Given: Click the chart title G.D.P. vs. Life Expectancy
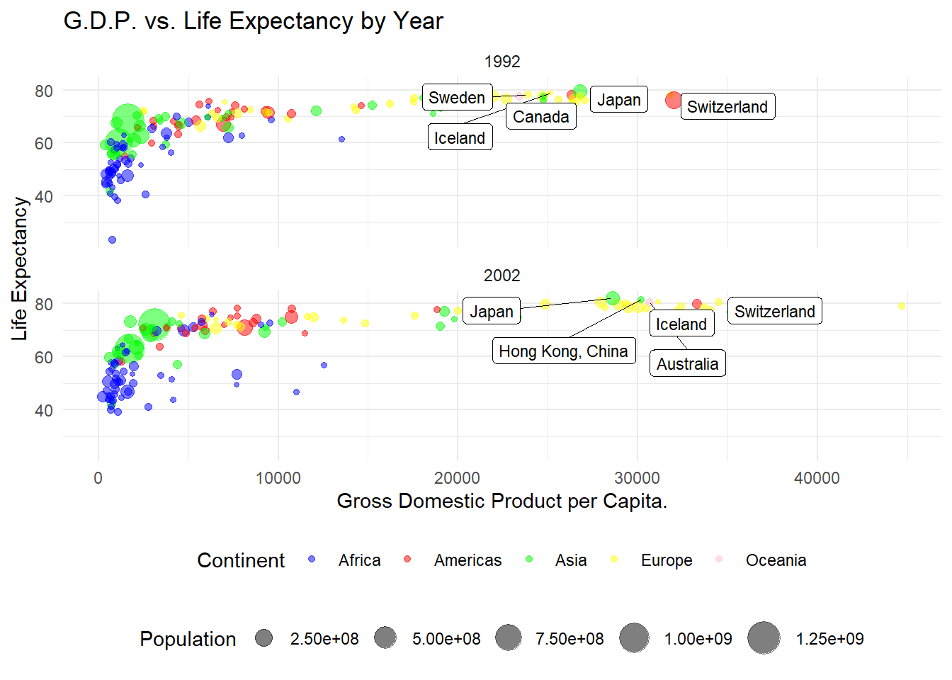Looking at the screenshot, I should click(x=253, y=21).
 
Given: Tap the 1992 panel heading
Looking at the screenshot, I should click(x=502, y=62).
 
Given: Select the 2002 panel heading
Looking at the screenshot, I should click(x=502, y=276).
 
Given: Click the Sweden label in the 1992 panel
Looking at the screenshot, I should click(x=457, y=98).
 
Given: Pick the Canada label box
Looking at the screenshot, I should click(x=540, y=117).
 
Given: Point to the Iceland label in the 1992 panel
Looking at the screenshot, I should click(x=460, y=138).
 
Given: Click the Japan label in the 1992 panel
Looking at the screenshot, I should click(x=618, y=100).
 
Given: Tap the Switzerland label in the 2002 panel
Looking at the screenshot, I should click(x=774, y=312).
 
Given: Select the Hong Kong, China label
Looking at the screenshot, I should click(x=563, y=351).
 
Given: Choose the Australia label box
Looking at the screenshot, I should click(x=687, y=364).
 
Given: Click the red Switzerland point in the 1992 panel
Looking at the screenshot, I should click(x=674, y=101).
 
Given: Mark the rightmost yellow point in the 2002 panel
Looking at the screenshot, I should click(x=902, y=306).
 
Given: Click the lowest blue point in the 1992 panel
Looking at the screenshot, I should click(x=112, y=240).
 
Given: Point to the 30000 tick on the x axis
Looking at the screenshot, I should click(x=637, y=478).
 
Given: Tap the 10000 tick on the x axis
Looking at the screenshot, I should click(x=278, y=478).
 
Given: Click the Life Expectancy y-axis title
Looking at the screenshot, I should click(x=20, y=268).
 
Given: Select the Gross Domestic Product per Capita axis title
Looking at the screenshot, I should click(x=501, y=501).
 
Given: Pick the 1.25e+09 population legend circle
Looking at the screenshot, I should click(x=764, y=638).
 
